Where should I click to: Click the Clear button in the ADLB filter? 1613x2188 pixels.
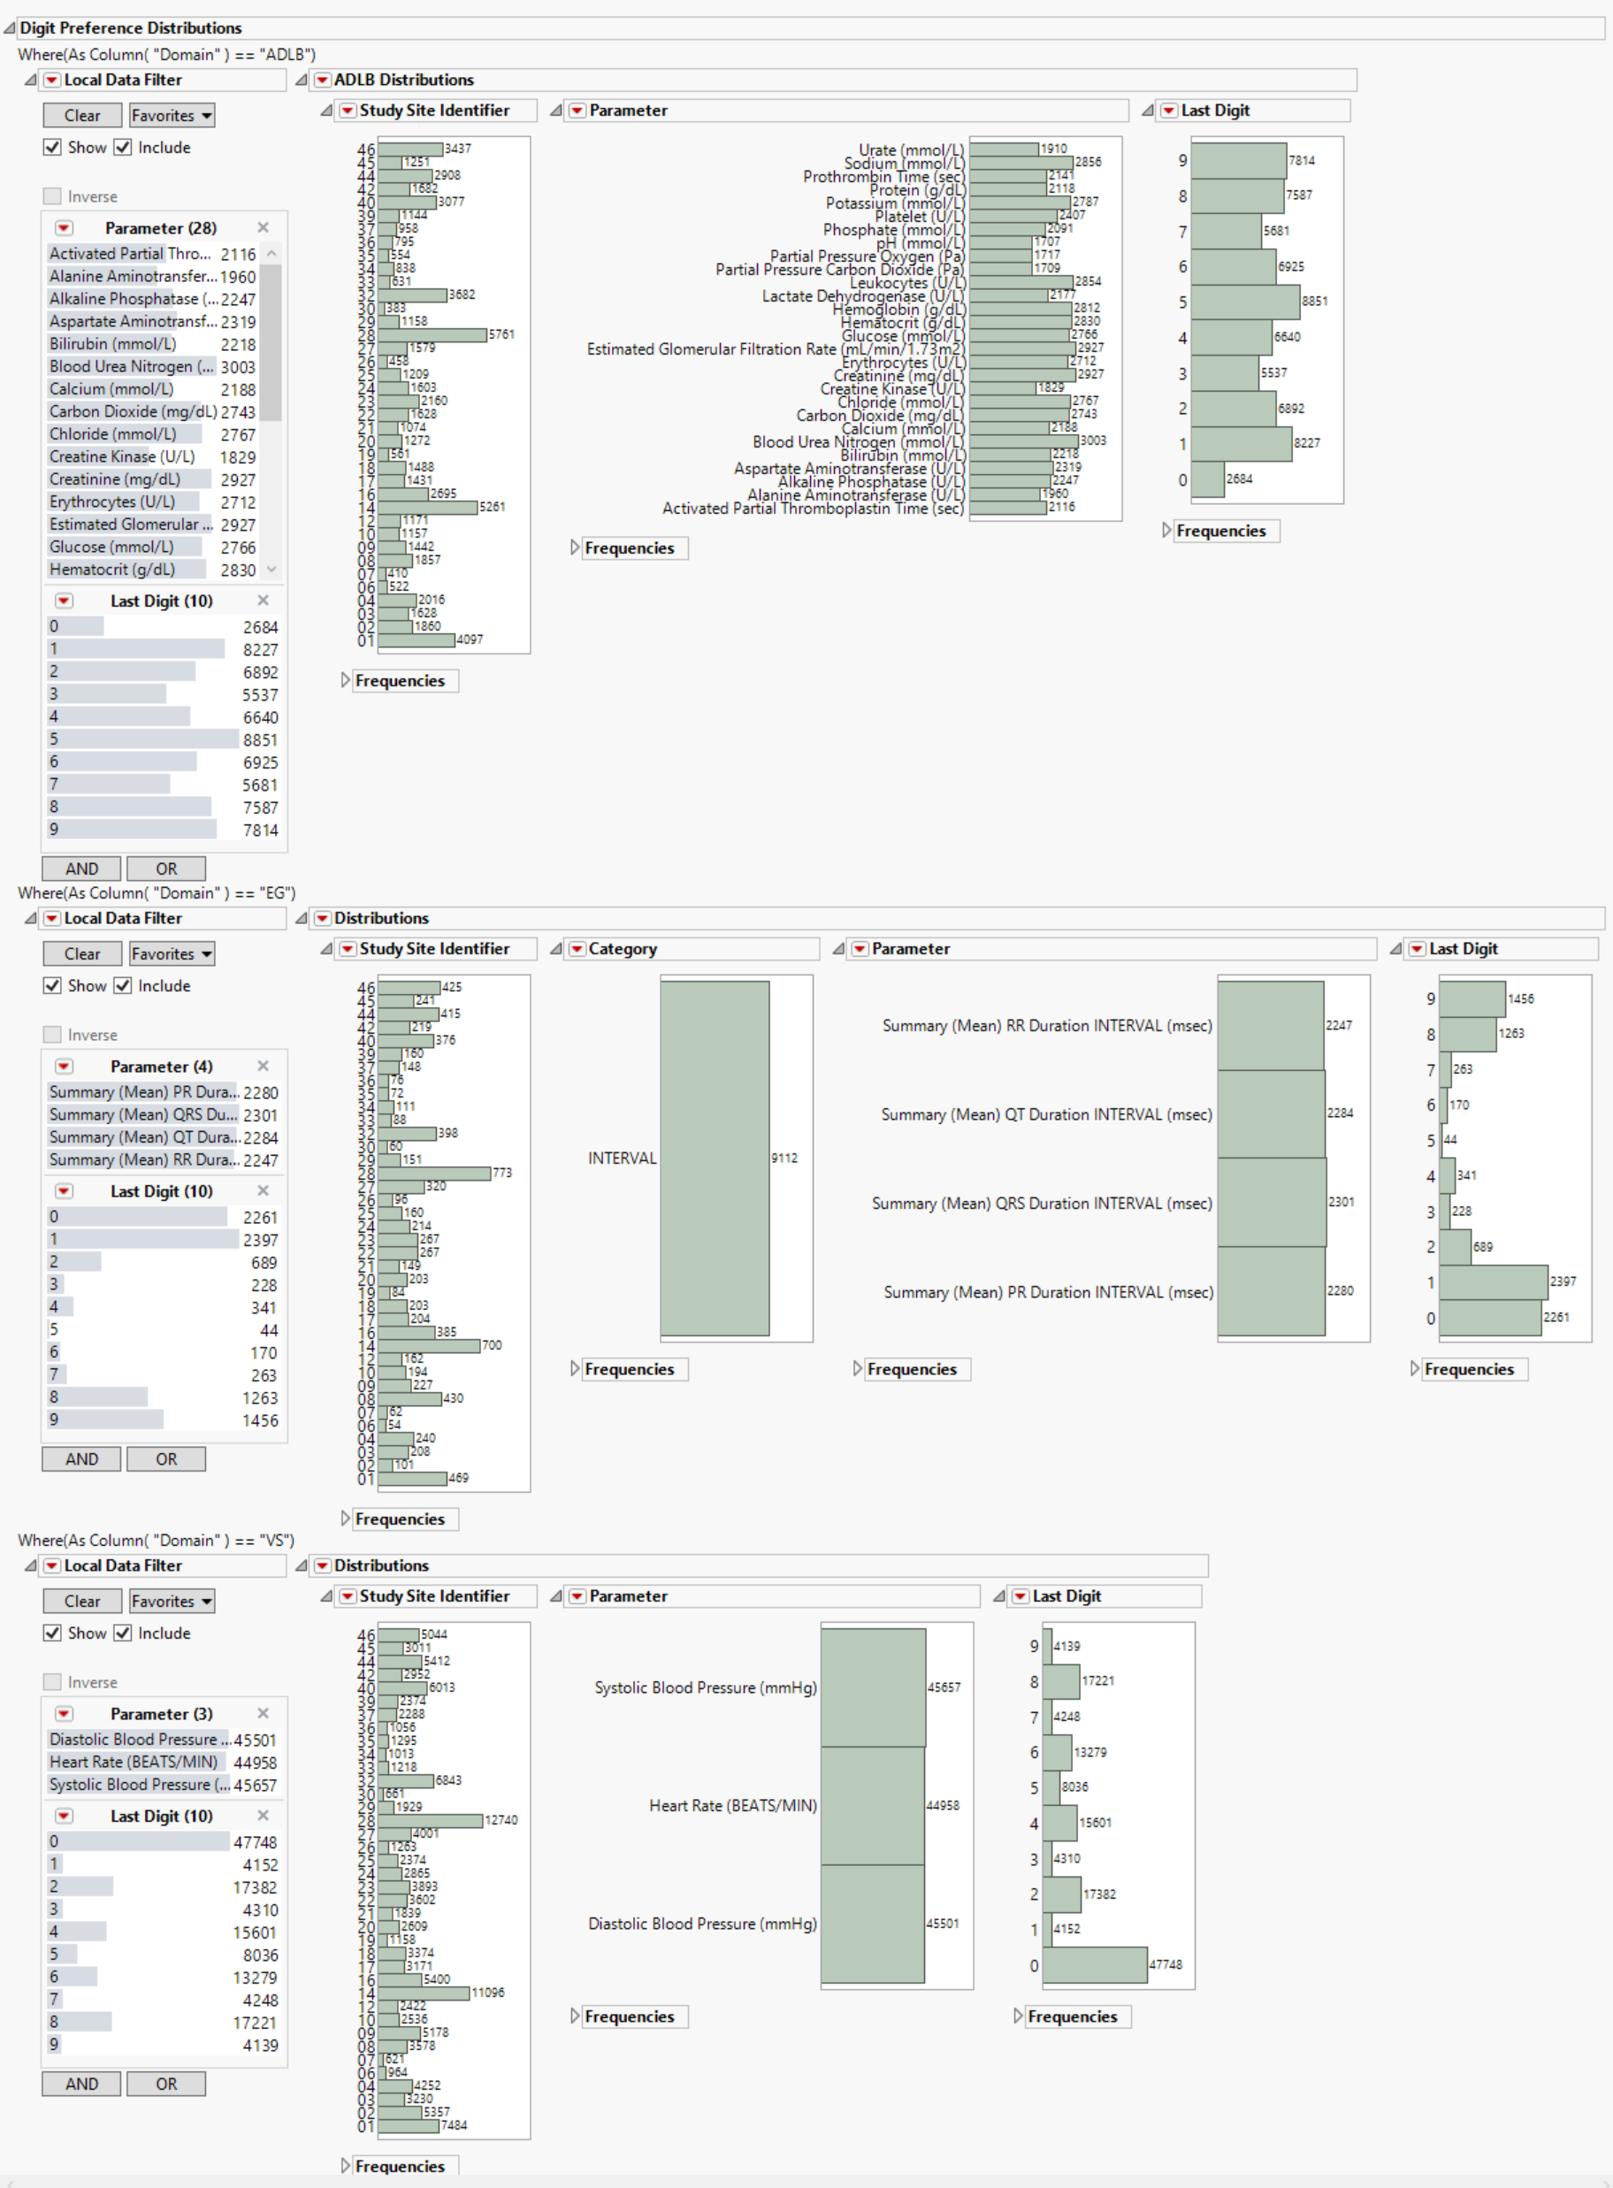(x=82, y=115)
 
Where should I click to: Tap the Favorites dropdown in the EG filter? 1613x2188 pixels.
(x=172, y=954)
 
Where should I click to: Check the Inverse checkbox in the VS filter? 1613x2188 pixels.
(x=53, y=1681)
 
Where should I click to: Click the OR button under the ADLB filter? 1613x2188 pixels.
(x=166, y=868)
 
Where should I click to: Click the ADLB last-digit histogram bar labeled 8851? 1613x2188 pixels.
(x=1245, y=302)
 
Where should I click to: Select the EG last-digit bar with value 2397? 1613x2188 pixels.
(x=1493, y=1282)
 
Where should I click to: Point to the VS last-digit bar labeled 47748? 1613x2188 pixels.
(x=1095, y=1964)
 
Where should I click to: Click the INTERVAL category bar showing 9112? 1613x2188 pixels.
(x=715, y=1158)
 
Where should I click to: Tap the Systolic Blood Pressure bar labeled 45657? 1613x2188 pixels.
(x=873, y=1687)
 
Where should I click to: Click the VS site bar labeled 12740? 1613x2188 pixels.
(x=431, y=1820)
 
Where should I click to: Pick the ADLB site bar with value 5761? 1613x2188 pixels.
(x=432, y=335)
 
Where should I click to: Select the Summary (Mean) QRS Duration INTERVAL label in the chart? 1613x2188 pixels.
(x=1042, y=1203)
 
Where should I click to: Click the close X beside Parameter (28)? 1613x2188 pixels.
(x=263, y=227)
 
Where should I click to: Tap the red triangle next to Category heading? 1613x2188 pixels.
(x=577, y=948)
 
